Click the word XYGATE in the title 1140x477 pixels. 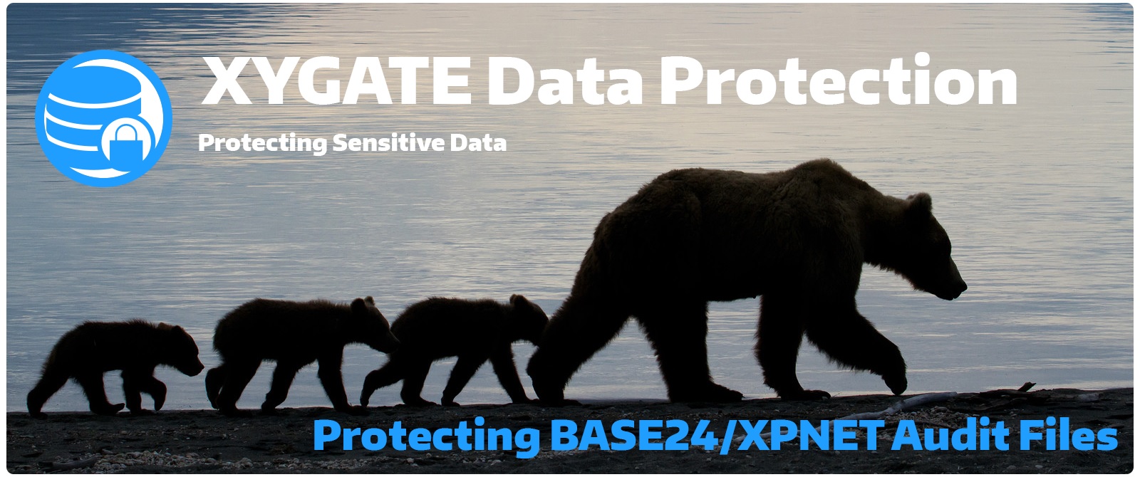[x=336, y=81]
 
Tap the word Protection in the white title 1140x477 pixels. [x=838, y=80]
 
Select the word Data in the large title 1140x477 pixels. [x=565, y=81]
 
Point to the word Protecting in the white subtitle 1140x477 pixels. [x=262, y=143]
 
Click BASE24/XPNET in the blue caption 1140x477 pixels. [x=717, y=435]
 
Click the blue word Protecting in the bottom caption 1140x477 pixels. [x=427, y=436]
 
